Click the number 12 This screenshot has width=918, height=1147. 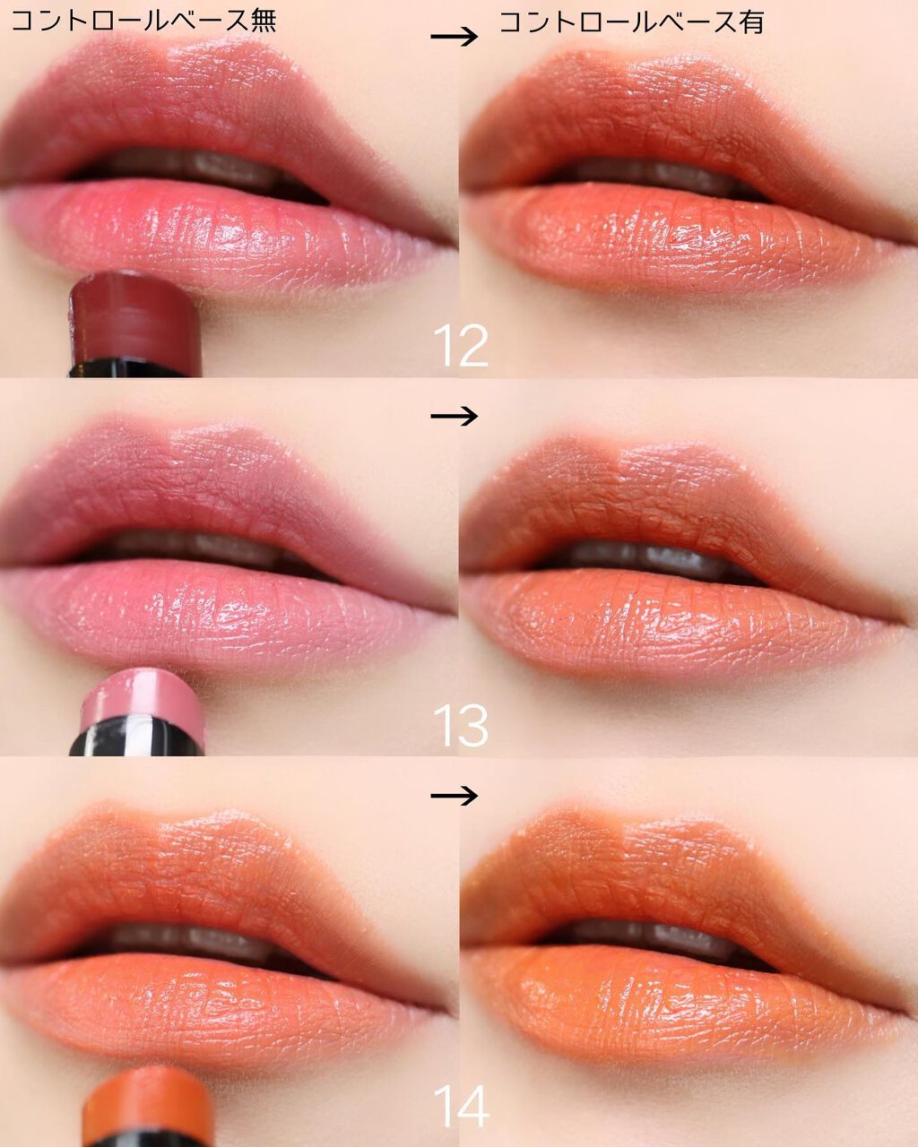point(460,346)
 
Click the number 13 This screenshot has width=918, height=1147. point(460,726)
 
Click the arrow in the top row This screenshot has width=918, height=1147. point(454,37)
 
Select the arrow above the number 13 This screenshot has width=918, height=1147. point(454,416)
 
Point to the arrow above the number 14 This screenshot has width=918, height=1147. point(454,796)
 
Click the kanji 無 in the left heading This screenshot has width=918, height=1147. point(263,22)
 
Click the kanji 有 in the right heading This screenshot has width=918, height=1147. point(750,22)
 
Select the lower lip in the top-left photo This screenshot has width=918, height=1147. point(224,235)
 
